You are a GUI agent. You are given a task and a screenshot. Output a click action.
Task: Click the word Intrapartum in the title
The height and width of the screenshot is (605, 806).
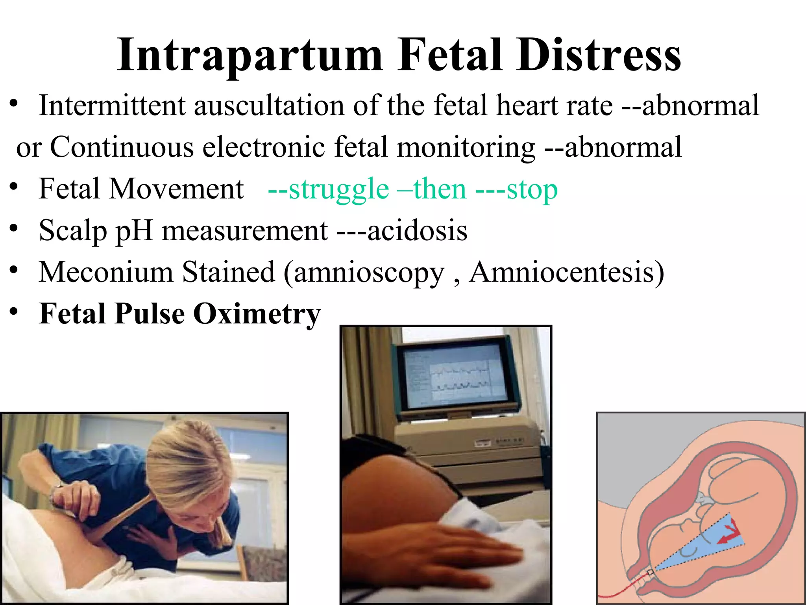[250, 55]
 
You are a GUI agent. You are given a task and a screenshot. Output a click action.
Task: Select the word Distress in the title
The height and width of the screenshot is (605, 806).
[599, 55]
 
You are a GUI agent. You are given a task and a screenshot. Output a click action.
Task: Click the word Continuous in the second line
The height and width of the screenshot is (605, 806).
[122, 147]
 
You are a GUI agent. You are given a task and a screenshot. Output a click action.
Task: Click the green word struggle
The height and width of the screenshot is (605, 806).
[338, 189]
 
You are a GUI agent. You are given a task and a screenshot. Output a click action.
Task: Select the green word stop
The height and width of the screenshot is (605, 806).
[532, 189]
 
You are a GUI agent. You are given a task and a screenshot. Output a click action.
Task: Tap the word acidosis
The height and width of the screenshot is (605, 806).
[418, 230]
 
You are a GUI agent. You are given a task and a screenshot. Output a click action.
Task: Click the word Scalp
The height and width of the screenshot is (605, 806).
[73, 230]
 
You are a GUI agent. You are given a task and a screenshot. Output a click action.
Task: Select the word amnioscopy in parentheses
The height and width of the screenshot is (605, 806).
[368, 273]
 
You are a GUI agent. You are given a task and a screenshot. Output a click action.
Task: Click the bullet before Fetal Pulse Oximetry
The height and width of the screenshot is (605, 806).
[14, 311]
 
